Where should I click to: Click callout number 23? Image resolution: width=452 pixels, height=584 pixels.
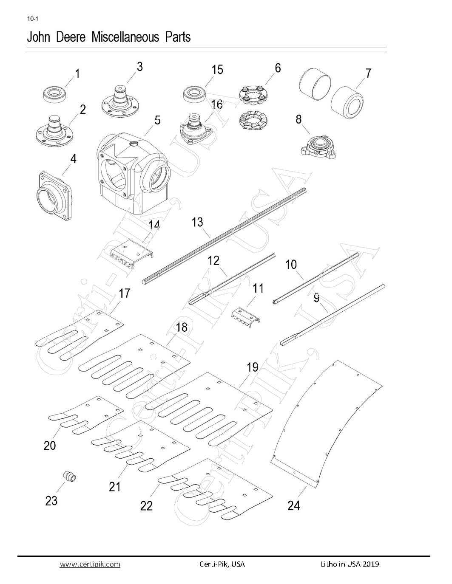click(x=51, y=501)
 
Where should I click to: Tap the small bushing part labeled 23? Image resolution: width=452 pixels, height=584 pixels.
click(x=70, y=476)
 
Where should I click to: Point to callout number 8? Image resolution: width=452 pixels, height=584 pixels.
click(x=298, y=119)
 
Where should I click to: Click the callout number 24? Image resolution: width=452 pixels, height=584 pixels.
click(x=293, y=505)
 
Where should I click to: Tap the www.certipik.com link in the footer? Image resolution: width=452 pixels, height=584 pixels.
click(x=90, y=564)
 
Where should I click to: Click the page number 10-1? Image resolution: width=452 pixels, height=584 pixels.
click(x=33, y=19)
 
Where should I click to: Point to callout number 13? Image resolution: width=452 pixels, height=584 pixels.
click(x=197, y=222)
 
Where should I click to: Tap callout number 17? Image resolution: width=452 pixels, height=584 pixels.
click(x=124, y=293)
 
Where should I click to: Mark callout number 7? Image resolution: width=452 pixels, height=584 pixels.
click(x=368, y=73)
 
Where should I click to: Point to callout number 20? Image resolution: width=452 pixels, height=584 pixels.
click(x=50, y=446)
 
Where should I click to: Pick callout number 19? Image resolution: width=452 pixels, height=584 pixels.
click(x=253, y=367)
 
